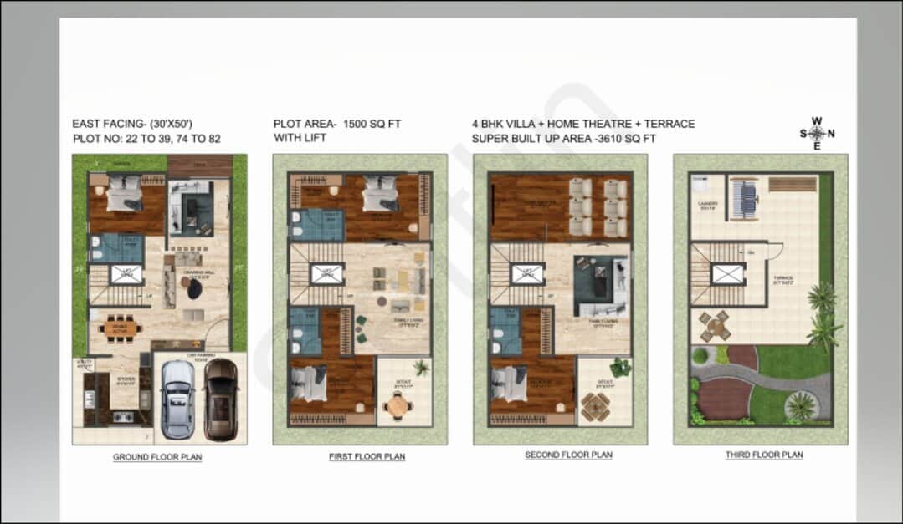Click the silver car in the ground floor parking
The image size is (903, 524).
pos(177,399)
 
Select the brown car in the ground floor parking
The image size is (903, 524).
pos(220,399)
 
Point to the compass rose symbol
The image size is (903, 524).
pos(817,133)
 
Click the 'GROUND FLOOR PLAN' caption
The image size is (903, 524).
pos(157,457)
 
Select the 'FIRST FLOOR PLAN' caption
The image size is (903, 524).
pos(367,457)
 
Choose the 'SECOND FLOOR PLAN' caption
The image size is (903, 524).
pos(568,455)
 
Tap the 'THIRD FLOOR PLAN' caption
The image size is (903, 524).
pos(764,455)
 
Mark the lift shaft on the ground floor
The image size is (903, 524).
pos(126,273)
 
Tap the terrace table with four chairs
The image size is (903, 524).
pos(715,326)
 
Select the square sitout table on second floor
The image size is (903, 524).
pos(596,405)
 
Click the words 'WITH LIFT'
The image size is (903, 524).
pos(300,138)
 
